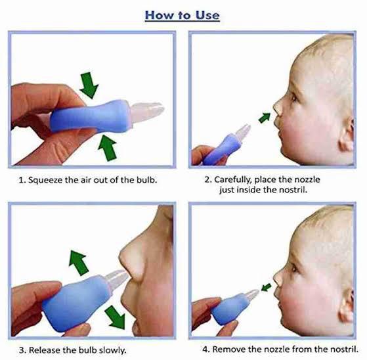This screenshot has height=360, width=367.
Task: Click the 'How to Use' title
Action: click(182, 14)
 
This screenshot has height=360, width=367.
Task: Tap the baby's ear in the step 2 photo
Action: click(349, 134)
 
